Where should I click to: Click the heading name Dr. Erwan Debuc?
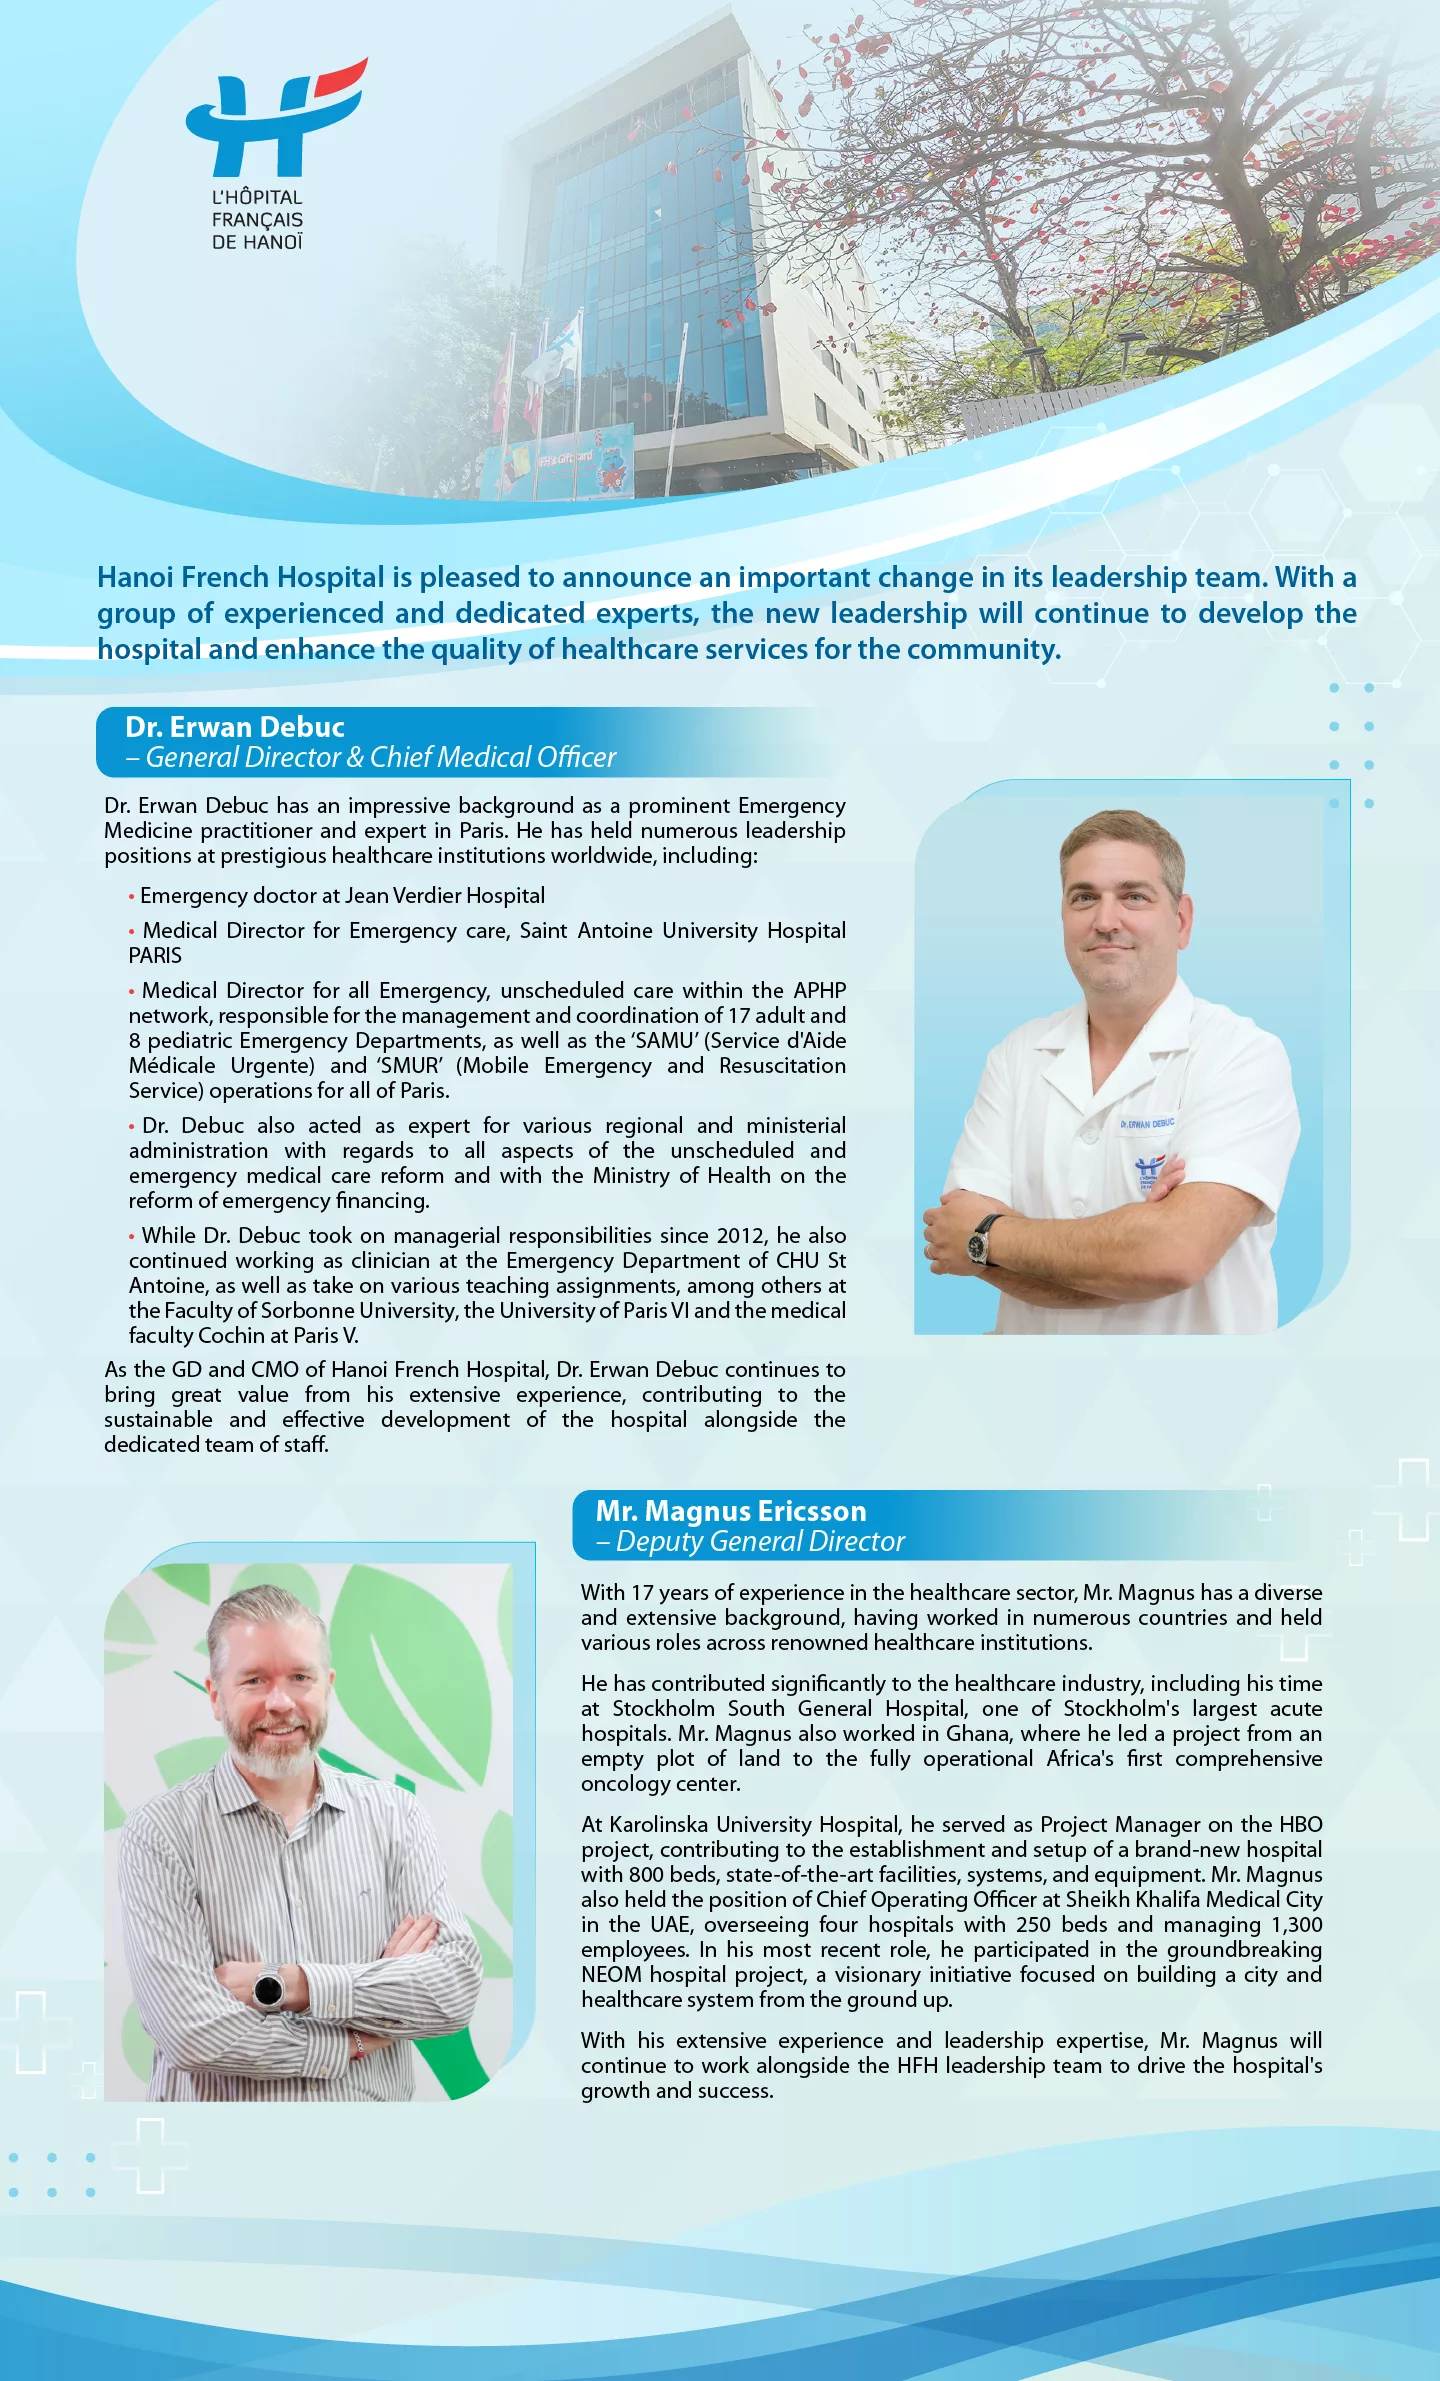[x=235, y=727]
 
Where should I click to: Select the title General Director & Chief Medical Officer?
[x=380, y=758]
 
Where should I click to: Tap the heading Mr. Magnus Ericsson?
[x=730, y=1511]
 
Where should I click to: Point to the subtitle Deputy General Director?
[x=760, y=1542]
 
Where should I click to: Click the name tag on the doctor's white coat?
[x=1147, y=1124]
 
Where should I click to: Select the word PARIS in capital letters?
[x=155, y=956]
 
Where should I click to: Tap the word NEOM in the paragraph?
[x=611, y=1975]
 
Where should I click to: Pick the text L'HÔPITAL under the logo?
[x=257, y=198]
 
